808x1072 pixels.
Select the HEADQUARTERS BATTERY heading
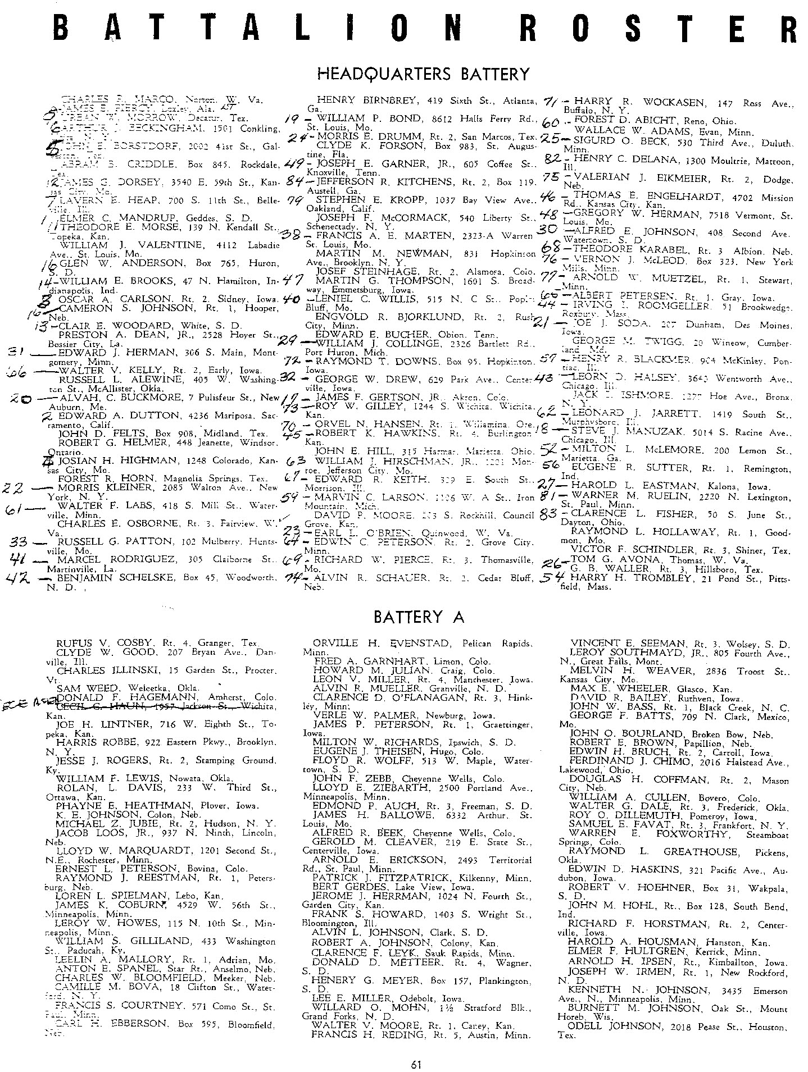coord(423,74)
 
